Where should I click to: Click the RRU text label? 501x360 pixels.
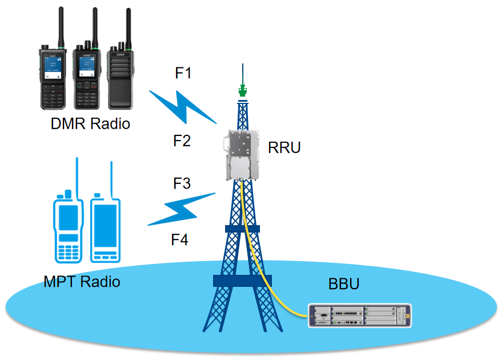[284, 149]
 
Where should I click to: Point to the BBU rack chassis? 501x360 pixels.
[359, 315]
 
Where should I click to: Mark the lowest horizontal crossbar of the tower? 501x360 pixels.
[242, 281]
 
